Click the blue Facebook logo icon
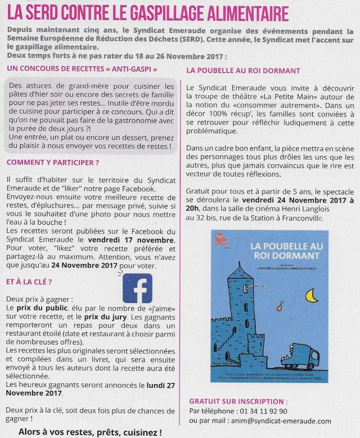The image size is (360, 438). (x=137, y=288)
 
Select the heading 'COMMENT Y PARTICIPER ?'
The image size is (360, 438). (x=53, y=162)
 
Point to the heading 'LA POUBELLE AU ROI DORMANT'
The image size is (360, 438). (x=243, y=71)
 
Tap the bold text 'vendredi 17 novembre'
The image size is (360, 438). (x=135, y=240)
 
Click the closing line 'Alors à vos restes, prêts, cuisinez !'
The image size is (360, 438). (x=90, y=432)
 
